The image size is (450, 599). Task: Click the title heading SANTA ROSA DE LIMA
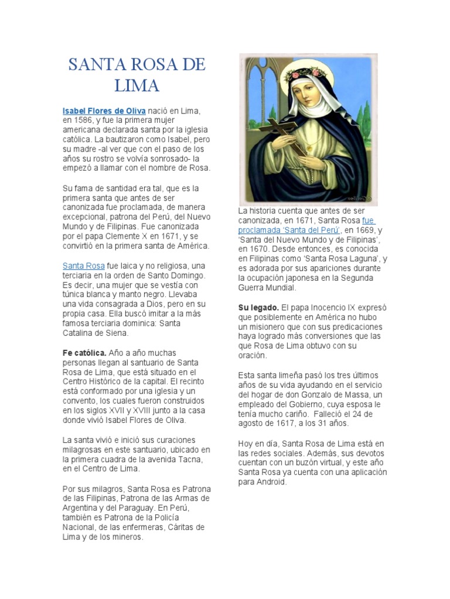[137, 74]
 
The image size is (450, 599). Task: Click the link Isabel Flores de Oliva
[104, 111]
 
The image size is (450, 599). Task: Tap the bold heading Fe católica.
[84, 353]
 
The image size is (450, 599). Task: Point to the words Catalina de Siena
[95, 333]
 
